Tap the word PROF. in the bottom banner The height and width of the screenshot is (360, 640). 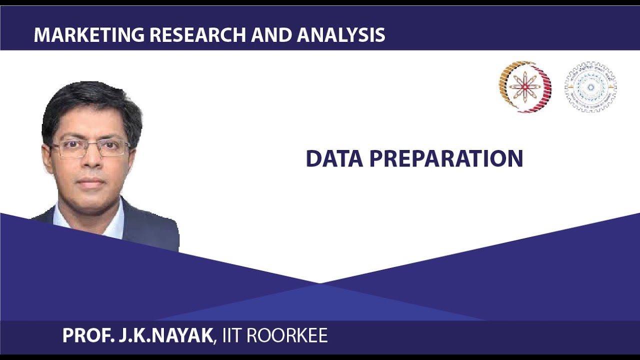[87, 335]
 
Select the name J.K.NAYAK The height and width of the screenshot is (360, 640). [164, 335]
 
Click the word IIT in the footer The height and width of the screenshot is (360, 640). [230, 335]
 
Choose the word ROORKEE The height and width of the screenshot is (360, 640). [287, 335]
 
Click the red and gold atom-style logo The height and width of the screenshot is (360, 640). [524, 86]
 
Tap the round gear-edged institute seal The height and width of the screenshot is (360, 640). [590, 86]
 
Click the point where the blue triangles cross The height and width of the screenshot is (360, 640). [319, 283]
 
